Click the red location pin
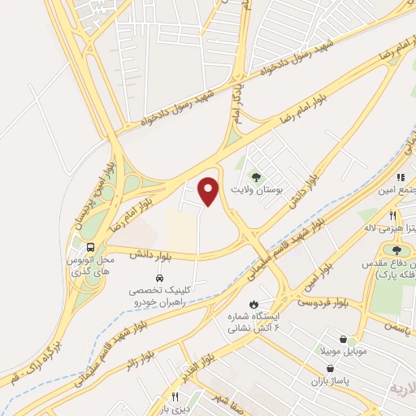click(x=210, y=191)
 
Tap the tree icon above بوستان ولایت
click(x=257, y=175)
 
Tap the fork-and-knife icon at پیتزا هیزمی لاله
click(x=392, y=216)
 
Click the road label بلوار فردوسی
click(x=317, y=305)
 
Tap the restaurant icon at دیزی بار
click(x=174, y=397)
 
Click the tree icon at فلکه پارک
click(x=396, y=250)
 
